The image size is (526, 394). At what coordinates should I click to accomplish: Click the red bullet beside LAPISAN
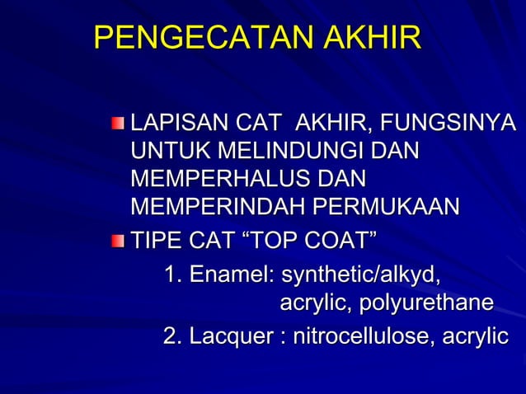pyautogui.click(x=120, y=125)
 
